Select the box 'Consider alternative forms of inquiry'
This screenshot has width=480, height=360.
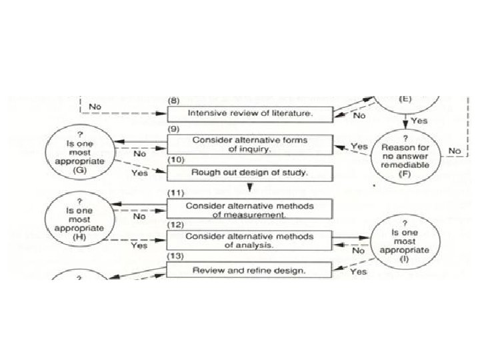click(249, 145)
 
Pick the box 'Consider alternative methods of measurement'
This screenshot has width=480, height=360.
click(249, 209)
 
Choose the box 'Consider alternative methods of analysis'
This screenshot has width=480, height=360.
click(249, 240)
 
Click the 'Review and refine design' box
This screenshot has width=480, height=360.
click(249, 270)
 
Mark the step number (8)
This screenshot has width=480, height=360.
click(173, 99)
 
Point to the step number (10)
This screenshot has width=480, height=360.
click(174, 161)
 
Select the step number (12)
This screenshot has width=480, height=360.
click(175, 225)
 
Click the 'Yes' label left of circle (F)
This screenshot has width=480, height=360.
click(359, 146)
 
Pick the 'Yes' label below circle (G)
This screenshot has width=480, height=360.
click(139, 173)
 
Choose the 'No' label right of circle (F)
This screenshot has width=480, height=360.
click(455, 151)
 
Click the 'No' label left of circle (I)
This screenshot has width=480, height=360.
click(358, 251)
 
